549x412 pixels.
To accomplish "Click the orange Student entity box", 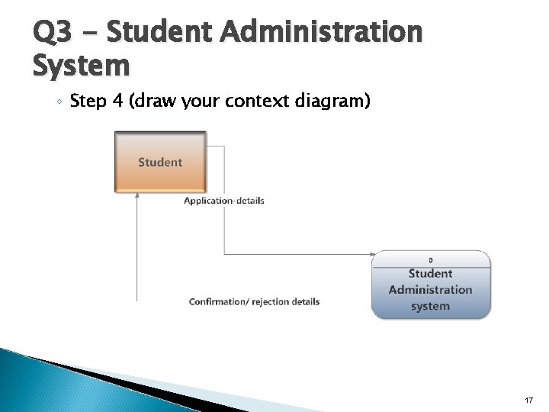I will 160,162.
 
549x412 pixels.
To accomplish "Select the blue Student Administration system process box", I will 431,285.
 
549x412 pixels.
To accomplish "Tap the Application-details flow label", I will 224,201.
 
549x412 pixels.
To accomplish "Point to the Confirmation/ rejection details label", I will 254,301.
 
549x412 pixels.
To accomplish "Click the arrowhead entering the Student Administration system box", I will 373,254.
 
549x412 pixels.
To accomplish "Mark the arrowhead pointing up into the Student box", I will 137,195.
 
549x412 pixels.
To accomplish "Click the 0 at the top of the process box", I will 431,260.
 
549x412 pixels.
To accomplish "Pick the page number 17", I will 528,400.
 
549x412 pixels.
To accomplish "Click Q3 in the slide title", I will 53,32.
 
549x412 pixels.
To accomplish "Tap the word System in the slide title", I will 81,66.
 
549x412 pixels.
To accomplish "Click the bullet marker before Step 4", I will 60,101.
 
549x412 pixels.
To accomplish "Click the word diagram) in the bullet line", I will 332,101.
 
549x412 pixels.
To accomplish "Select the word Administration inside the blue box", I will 431,290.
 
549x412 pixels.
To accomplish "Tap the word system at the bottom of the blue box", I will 431,306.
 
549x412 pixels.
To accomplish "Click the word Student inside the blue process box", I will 431,273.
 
